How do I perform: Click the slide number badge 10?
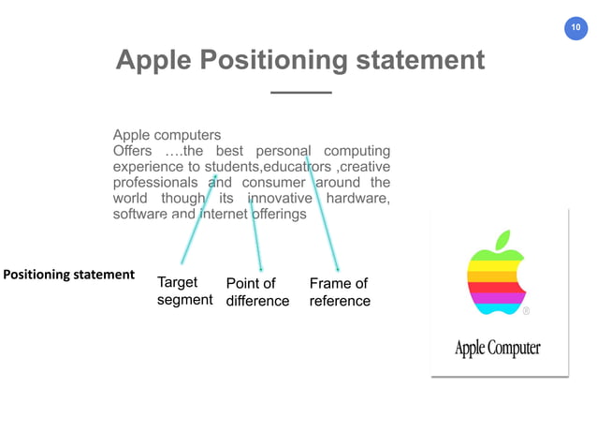coord(575,30)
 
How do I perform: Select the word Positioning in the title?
coord(275,61)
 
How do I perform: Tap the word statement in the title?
coord(423,61)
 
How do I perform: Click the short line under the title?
coord(300,93)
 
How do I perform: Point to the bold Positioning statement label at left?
coord(70,275)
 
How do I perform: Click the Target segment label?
coord(184,291)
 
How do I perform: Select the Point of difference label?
coord(257,292)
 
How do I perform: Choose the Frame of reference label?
coord(340,292)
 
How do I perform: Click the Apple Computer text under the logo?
coord(497,349)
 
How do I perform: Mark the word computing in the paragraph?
coord(357,150)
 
